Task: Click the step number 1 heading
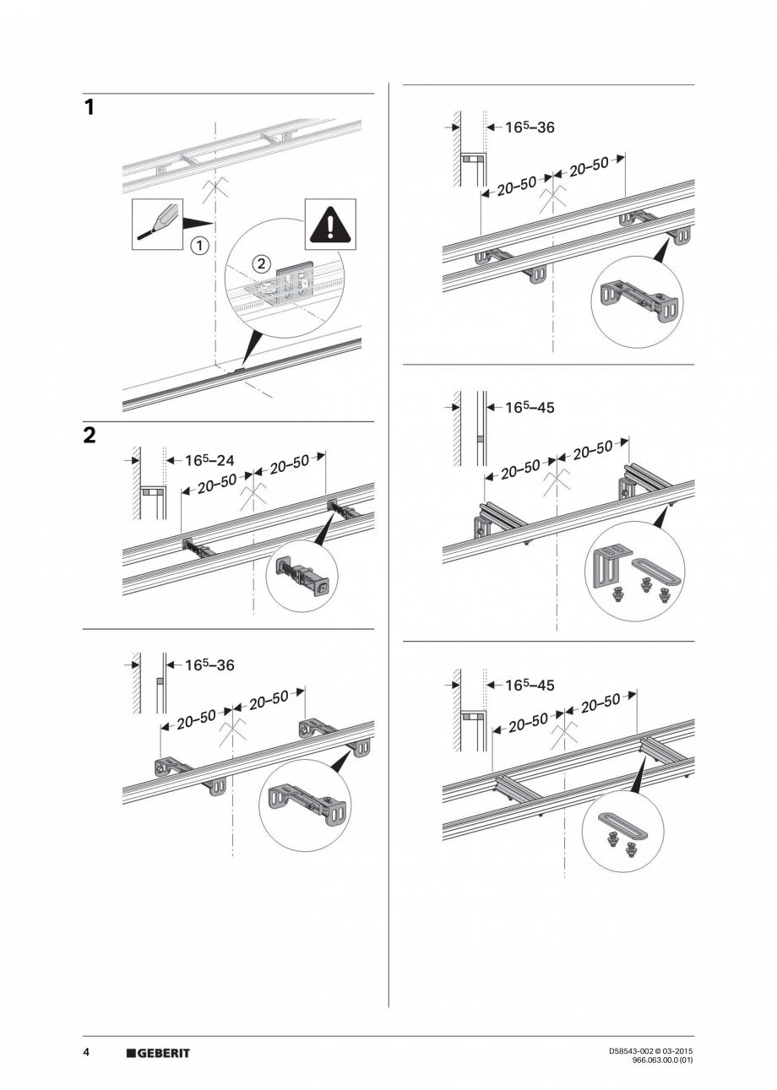(89, 108)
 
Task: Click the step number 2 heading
(90, 436)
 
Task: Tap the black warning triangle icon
(330, 224)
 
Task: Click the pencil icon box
(157, 224)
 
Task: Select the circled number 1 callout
(198, 247)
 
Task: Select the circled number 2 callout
(262, 264)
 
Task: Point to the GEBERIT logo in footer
(158, 1053)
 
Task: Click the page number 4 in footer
(86, 1053)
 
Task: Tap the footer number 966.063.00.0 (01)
(663, 1060)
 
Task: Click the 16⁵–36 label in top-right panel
(530, 128)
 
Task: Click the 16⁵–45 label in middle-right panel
(530, 408)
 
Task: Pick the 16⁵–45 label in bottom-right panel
(530, 686)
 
